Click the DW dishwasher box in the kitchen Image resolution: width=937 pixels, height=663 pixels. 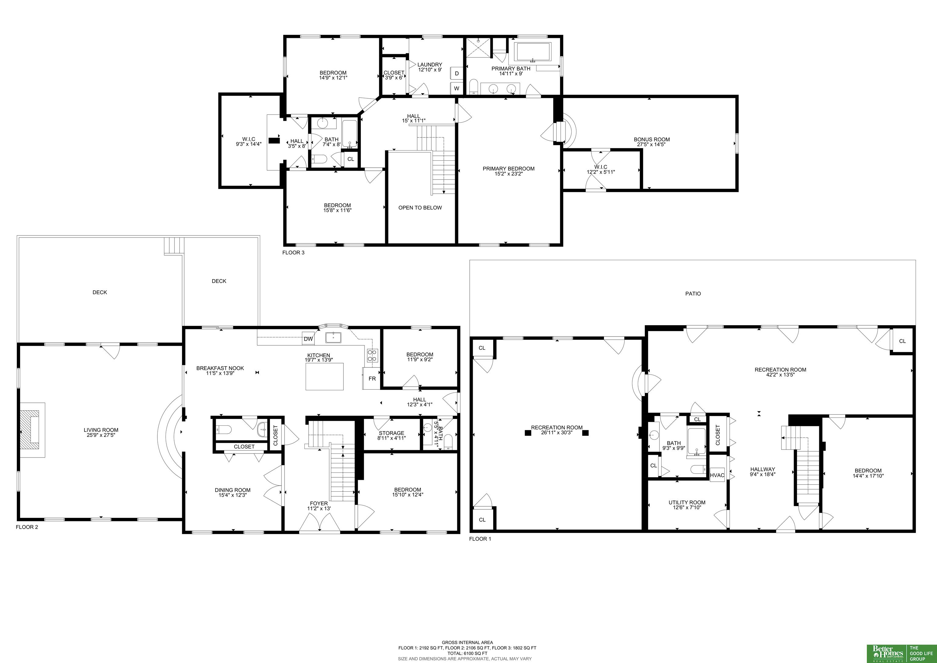[x=308, y=339]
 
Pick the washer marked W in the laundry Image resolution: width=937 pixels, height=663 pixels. [x=457, y=88]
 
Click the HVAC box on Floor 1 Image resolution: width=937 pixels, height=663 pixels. [x=717, y=475]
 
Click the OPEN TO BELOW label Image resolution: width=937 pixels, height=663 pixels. [x=420, y=208]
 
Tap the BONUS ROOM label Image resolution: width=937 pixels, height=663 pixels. [x=652, y=139]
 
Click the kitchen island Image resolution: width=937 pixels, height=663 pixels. [x=325, y=376]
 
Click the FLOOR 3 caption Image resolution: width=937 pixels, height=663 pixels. [x=293, y=253]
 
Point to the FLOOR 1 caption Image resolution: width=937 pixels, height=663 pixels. [x=480, y=539]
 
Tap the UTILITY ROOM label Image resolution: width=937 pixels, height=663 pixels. [x=687, y=502]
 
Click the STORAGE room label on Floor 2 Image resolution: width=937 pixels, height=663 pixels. [x=391, y=433]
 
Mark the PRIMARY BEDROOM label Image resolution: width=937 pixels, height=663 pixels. [x=508, y=169]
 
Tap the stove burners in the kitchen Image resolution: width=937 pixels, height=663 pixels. [x=372, y=355]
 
